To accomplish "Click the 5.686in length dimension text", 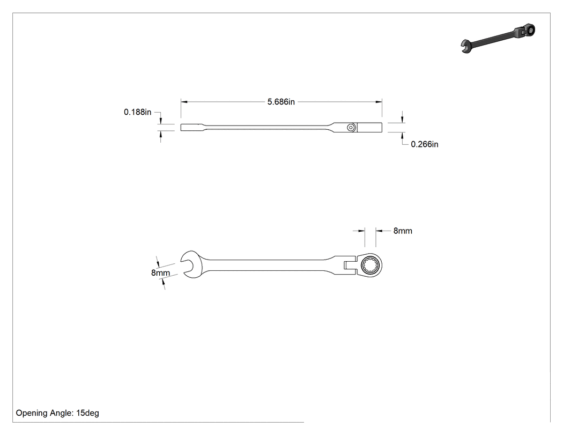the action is pyautogui.click(x=281, y=102).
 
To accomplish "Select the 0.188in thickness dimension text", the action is pyautogui.click(x=137, y=112).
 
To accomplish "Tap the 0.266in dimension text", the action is pyautogui.click(x=425, y=144).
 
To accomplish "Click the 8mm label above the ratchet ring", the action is pyautogui.click(x=403, y=231).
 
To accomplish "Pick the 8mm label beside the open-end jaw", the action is pyautogui.click(x=160, y=272).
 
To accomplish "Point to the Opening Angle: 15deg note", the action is pyautogui.click(x=57, y=413).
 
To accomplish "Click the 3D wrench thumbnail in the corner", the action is pyautogui.click(x=498, y=38).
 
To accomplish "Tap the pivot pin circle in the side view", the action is pyautogui.click(x=351, y=128).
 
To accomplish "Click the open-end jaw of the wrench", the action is pyautogui.click(x=190, y=265).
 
